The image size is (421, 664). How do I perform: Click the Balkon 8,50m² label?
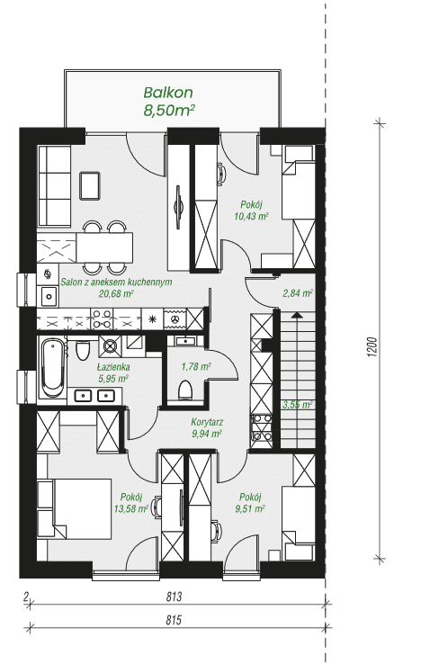pyautogui.click(x=169, y=102)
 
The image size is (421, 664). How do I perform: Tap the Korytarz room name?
pyautogui.click(x=207, y=422)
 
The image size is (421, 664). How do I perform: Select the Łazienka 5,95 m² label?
pyautogui.click(x=113, y=373)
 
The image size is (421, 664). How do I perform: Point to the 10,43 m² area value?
pyautogui.click(x=252, y=217)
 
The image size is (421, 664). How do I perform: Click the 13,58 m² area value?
pyautogui.click(x=130, y=508)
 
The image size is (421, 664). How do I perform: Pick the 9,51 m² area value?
pyautogui.click(x=250, y=508)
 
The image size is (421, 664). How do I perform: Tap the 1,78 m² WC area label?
pyautogui.click(x=196, y=367)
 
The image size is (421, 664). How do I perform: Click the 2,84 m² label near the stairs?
pyautogui.click(x=298, y=293)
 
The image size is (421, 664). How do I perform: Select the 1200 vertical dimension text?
pyautogui.click(x=372, y=347)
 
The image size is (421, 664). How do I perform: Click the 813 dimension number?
pyautogui.click(x=174, y=597)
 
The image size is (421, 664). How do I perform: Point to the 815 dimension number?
pyautogui.click(x=174, y=621)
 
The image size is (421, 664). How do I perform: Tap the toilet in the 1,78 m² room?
pyautogui.click(x=185, y=390)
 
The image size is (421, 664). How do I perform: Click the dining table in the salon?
pyautogui.click(x=104, y=247)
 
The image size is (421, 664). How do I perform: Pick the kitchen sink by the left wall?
pyautogui.click(x=49, y=296)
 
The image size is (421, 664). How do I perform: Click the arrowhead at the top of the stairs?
pyautogui.click(x=298, y=315)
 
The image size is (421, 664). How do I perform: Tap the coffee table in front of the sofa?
pyautogui.click(x=89, y=185)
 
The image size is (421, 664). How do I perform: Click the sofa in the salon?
pyautogui.click(x=55, y=186)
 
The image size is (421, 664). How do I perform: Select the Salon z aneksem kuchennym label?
pyautogui.click(x=116, y=283)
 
